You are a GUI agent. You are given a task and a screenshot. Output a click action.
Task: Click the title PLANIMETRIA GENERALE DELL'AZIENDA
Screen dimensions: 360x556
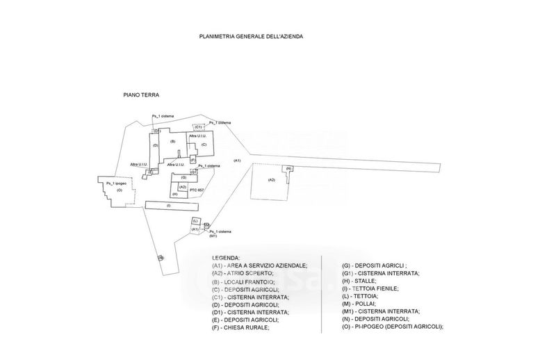[252, 35]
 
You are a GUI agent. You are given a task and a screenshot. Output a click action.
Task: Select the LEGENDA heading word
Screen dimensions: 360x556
[226, 258]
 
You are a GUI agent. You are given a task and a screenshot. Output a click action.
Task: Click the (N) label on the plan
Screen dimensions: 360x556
[288, 169]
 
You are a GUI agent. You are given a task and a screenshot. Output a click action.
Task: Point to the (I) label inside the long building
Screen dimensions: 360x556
[168, 206]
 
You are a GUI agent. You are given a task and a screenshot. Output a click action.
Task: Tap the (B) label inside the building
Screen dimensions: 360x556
[172, 142]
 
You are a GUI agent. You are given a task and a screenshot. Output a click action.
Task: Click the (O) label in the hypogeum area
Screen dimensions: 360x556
[120, 190]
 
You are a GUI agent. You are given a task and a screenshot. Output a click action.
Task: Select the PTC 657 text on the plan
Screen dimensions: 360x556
[197, 190]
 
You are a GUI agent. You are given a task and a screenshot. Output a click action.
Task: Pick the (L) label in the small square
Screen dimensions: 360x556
[196, 221]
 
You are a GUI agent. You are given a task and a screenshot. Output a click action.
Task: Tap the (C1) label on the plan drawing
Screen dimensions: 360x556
[198, 127]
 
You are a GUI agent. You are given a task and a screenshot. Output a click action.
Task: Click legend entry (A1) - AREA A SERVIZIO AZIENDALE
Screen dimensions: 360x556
[259, 265]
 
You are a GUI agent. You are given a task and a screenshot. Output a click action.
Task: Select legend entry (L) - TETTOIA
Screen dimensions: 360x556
[362, 296]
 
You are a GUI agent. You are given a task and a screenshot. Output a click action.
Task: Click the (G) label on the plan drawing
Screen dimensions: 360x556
[183, 178]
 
